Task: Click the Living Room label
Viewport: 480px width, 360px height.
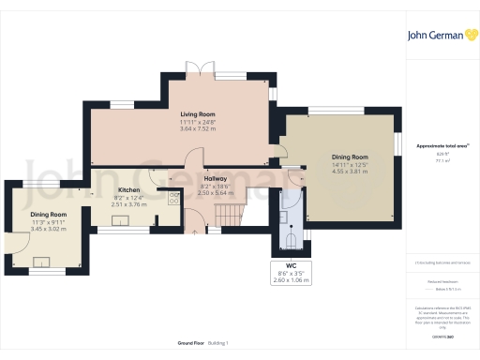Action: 198,114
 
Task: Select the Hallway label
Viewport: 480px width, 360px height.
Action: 216,178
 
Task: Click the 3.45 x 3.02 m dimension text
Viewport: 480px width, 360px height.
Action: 48,228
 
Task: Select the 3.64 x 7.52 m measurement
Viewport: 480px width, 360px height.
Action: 198,128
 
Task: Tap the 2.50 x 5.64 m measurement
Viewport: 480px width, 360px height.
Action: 216,192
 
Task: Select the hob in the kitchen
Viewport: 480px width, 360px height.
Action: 173,197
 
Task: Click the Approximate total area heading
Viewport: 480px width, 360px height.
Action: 442,146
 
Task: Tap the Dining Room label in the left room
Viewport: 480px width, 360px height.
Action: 48,214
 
